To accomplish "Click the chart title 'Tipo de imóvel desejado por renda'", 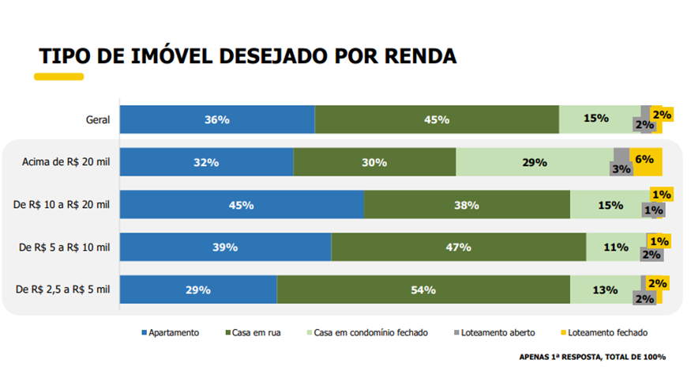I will pyautogui.click(x=247, y=56).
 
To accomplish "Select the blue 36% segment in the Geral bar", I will pyautogui.click(x=216, y=119).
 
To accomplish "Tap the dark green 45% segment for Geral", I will pyautogui.click(x=436, y=119).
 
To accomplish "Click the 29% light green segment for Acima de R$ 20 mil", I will pyautogui.click(x=534, y=162).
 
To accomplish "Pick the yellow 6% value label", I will pyautogui.click(x=644, y=159).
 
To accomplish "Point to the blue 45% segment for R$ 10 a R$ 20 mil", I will pyautogui.click(x=241, y=205).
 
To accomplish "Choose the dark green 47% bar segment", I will pyautogui.click(x=458, y=247).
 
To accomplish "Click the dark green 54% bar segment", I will pyautogui.click(x=423, y=290).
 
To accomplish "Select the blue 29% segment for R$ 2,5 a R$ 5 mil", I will pyautogui.click(x=197, y=290).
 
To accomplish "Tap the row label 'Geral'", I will pyautogui.click(x=97, y=120).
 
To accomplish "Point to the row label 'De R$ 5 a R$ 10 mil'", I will pyautogui.click(x=64, y=248).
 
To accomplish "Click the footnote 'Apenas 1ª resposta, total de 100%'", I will pyautogui.click(x=591, y=357).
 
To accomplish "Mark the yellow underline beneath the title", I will pyautogui.click(x=58, y=77).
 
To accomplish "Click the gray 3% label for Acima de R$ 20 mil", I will pyautogui.click(x=621, y=168).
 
